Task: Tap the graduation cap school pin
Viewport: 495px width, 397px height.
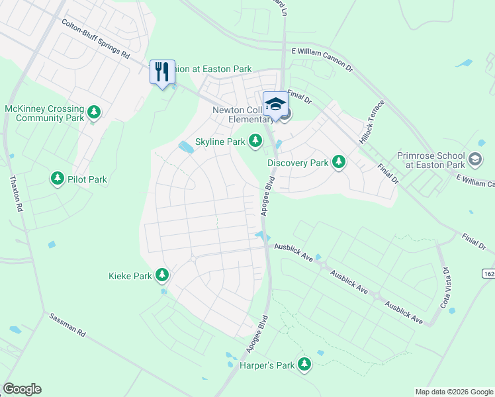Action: click(275, 104)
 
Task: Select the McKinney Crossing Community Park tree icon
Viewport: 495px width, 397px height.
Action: click(95, 112)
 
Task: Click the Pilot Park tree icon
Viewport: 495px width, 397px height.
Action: click(58, 179)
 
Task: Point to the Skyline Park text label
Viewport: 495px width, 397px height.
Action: click(220, 142)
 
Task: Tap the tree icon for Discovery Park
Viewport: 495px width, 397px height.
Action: click(339, 162)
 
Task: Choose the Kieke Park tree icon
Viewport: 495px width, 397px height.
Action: click(162, 275)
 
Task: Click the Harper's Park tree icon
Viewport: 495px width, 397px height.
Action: click(304, 363)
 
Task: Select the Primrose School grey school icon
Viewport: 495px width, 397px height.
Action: click(474, 159)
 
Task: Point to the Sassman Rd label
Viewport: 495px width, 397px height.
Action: click(68, 326)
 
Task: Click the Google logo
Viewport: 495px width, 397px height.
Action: click(22, 389)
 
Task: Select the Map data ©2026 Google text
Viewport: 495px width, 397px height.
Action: click(453, 392)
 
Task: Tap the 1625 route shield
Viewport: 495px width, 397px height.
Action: click(488, 273)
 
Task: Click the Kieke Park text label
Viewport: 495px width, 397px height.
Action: click(130, 276)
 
